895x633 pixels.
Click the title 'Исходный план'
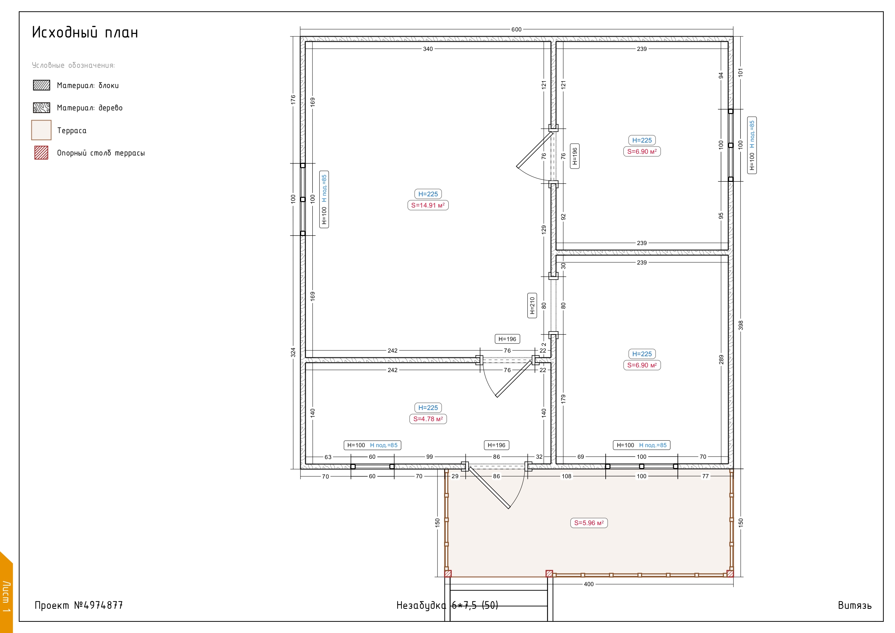point(85,32)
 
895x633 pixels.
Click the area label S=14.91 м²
point(428,205)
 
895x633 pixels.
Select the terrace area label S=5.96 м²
point(589,523)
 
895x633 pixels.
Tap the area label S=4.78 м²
point(428,419)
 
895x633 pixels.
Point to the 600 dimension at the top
point(517,29)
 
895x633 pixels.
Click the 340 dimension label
point(428,49)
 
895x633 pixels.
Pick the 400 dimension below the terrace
point(589,584)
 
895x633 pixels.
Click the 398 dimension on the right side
point(741,325)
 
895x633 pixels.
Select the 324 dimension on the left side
point(293,353)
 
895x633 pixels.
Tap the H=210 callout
point(532,305)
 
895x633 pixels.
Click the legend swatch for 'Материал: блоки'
point(41,85)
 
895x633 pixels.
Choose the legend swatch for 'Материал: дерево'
point(41,108)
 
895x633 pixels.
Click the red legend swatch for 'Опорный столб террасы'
point(41,153)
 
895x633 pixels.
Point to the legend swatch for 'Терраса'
point(41,130)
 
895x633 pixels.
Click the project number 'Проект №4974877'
point(79,605)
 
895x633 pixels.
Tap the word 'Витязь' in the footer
point(855,605)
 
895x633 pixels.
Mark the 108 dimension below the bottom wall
point(566,476)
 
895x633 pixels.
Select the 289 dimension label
point(721,359)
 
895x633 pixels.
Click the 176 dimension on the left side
point(293,100)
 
